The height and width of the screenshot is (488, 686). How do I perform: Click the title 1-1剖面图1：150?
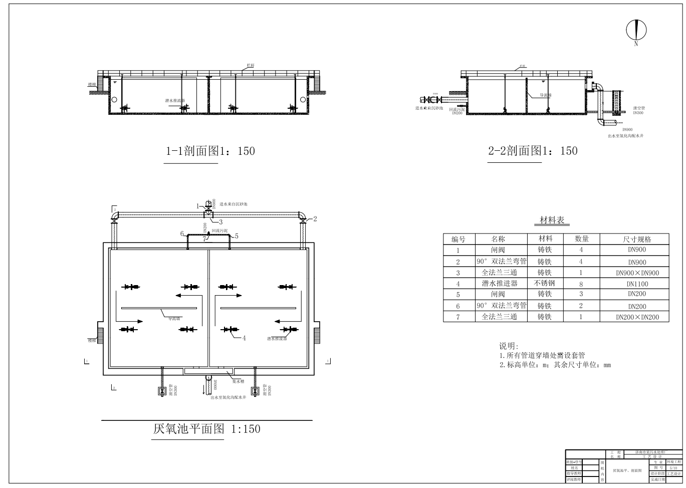tap(210, 151)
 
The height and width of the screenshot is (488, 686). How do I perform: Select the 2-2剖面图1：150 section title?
tap(533, 151)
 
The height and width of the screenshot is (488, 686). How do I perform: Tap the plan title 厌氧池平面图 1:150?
tap(206, 429)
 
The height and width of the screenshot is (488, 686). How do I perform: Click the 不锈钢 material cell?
tap(545, 283)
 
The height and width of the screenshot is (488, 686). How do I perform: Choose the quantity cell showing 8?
tap(581, 284)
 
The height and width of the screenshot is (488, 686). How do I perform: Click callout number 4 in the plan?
tap(244, 338)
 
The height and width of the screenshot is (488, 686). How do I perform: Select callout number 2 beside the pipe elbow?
tap(315, 218)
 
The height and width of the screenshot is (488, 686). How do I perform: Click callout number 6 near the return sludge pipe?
tap(182, 234)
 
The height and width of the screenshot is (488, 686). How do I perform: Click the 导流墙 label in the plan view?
tap(174, 318)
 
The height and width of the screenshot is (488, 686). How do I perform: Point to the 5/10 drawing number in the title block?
tap(673, 467)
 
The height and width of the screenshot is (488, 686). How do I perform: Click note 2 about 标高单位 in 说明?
tap(555, 365)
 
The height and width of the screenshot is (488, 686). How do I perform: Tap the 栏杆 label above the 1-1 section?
tap(250, 66)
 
